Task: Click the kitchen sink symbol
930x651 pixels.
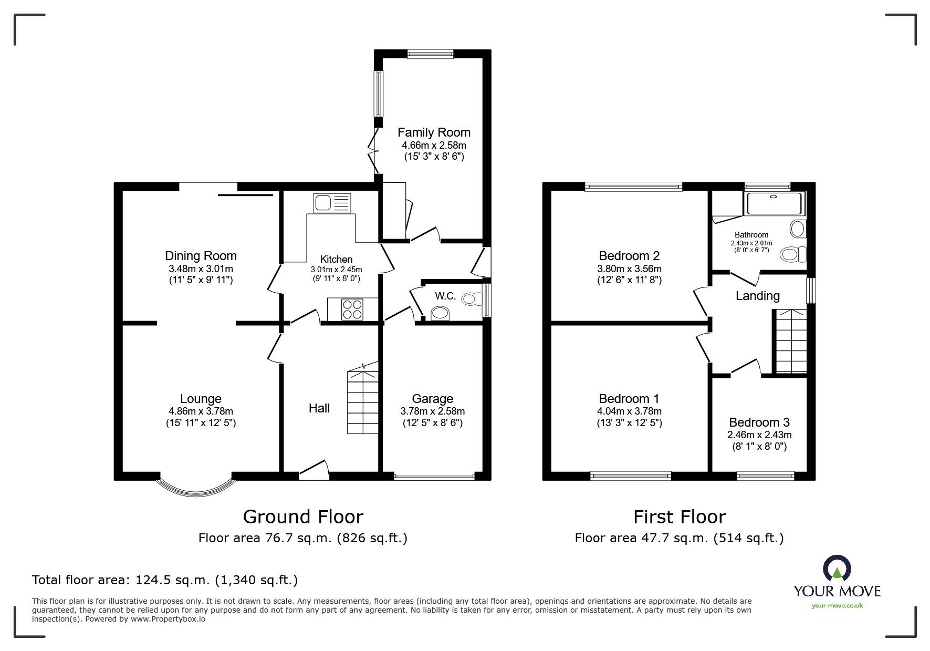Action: pyautogui.click(x=332, y=202)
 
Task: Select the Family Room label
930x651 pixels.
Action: pyautogui.click(x=434, y=132)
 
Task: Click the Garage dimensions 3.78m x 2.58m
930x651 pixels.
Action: pyautogui.click(x=432, y=411)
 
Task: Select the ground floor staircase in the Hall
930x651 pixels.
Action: pyautogui.click(x=362, y=399)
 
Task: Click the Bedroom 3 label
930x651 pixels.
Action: pyautogui.click(x=759, y=422)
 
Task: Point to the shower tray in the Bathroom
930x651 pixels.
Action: pyautogui.click(x=775, y=203)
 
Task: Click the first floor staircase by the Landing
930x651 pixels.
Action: pyautogui.click(x=791, y=342)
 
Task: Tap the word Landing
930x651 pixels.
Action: pyautogui.click(x=757, y=296)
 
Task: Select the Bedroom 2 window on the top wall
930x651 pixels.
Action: pyautogui.click(x=633, y=186)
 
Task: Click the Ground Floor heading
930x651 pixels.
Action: pyautogui.click(x=303, y=517)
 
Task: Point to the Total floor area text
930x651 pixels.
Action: pyautogui.click(x=165, y=580)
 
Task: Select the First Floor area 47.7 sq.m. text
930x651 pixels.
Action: pyautogui.click(x=679, y=538)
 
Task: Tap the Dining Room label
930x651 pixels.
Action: pyautogui.click(x=201, y=256)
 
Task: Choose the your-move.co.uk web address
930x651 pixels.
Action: pyautogui.click(x=837, y=606)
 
